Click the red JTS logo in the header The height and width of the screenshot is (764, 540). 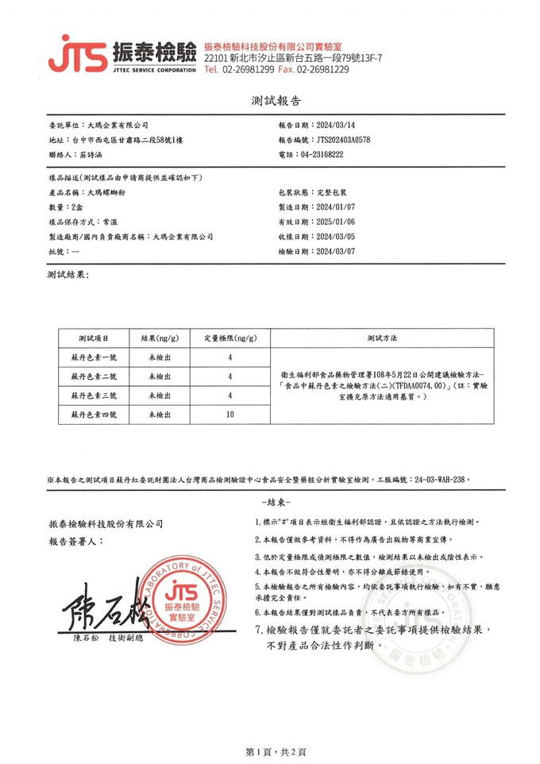point(78,54)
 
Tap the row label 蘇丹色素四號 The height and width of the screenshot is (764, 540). point(94,415)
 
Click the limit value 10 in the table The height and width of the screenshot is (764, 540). point(229,415)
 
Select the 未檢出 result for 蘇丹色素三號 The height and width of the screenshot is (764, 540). point(160,395)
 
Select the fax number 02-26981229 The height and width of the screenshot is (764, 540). point(322,70)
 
